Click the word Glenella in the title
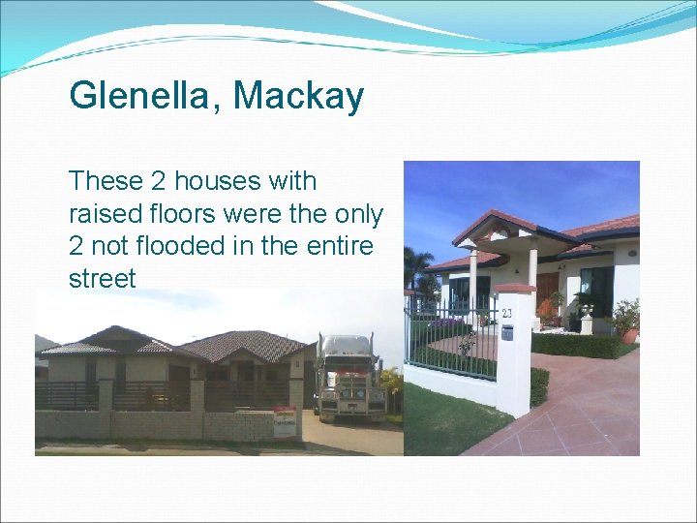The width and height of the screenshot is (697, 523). click(144, 96)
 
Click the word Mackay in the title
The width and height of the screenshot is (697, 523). click(299, 96)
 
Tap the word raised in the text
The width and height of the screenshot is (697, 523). click(106, 214)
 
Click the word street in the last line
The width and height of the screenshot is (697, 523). click(103, 279)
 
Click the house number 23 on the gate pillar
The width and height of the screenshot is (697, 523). click(506, 314)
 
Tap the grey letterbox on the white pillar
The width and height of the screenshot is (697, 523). click(506, 332)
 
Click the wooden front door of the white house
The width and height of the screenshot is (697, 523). click(547, 292)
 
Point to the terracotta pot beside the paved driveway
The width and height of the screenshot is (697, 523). click(630, 334)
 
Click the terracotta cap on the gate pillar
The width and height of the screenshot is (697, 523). click(515, 289)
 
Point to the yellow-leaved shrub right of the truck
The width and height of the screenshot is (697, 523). click(390, 380)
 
